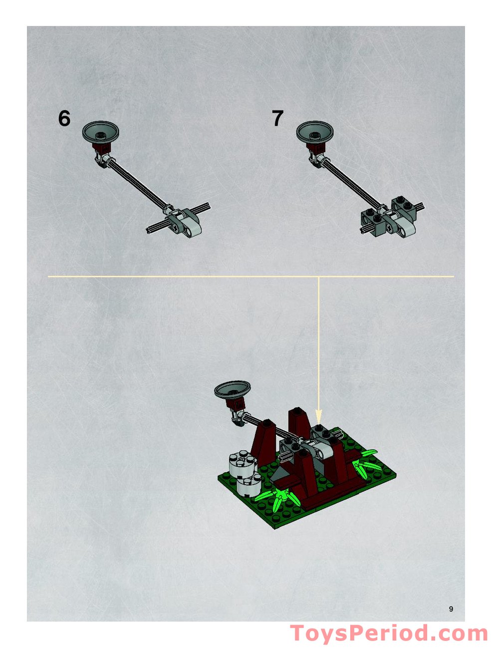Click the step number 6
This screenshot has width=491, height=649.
(x=64, y=118)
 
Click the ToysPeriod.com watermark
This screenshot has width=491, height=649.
(x=389, y=634)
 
